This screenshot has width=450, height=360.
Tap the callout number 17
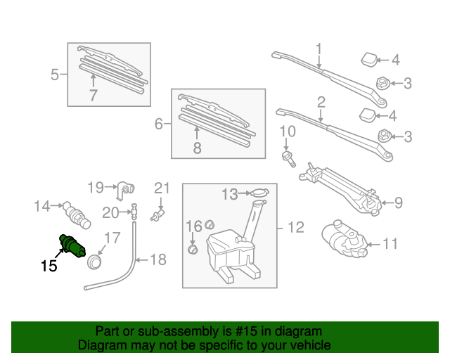[113, 237]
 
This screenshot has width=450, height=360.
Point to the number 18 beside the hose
[158, 260]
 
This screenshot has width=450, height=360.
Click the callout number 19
[96, 187]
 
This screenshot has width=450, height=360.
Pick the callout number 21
[162, 188]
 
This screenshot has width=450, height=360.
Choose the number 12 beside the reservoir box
[295, 227]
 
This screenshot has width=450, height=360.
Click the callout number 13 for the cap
[231, 193]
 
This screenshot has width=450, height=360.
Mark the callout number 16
[193, 225]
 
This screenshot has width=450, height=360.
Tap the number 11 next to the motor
[390, 245]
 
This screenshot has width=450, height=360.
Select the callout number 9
[398, 203]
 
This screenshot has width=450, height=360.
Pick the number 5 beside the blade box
[55, 73]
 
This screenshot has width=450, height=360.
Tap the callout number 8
[197, 148]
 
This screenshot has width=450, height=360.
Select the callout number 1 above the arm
[318, 49]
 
